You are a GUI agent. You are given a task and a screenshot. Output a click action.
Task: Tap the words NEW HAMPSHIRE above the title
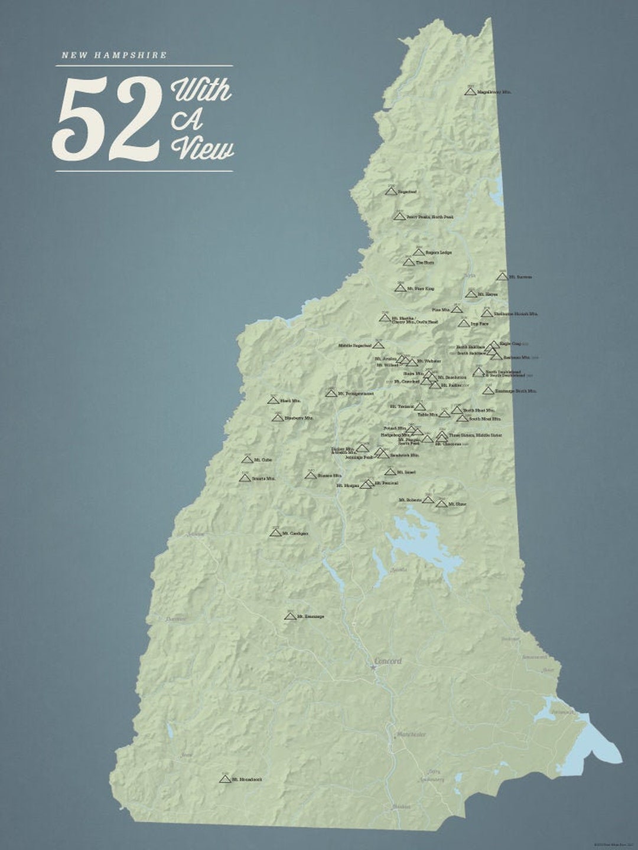(114, 55)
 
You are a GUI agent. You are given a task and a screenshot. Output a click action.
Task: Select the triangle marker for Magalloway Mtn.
(470, 92)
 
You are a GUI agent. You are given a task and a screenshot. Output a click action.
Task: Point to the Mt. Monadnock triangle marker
(224, 779)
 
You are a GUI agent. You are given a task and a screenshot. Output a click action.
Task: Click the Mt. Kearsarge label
(311, 617)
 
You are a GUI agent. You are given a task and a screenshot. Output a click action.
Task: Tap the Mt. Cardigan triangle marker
(275, 533)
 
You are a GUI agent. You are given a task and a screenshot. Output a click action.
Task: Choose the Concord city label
(388, 661)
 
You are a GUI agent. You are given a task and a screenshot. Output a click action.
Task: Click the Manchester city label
(411, 734)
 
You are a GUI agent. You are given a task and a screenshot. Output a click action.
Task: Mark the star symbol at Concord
(373, 667)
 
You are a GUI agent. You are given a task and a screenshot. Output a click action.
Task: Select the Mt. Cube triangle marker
(248, 460)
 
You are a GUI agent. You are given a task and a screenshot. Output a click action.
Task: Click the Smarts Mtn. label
(263, 479)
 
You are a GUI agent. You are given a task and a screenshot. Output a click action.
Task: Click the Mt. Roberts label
(410, 500)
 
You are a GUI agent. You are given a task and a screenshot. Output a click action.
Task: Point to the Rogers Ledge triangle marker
(419, 253)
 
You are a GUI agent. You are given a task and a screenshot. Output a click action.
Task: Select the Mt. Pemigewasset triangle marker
(331, 393)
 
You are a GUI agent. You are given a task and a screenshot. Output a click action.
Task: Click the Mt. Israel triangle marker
(390, 472)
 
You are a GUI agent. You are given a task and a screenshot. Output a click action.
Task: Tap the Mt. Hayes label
(487, 294)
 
